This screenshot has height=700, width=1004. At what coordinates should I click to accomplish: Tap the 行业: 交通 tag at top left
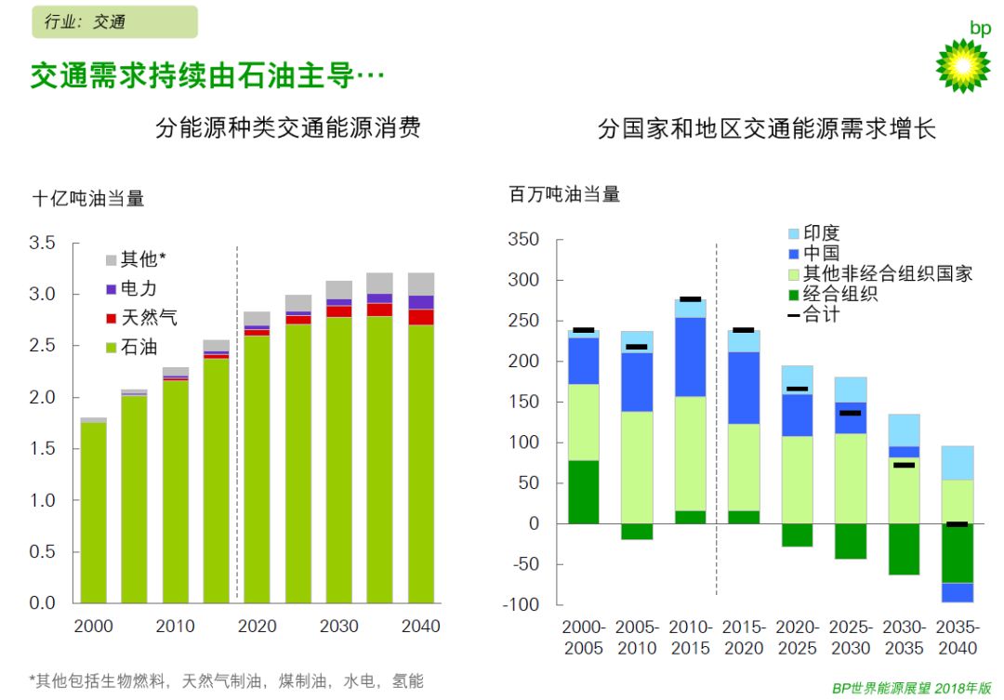(x=114, y=21)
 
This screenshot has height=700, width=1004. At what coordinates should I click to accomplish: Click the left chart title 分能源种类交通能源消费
(x=288, y=127)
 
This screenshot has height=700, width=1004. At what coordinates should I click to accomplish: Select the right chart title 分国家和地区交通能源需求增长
(x=767, y=127)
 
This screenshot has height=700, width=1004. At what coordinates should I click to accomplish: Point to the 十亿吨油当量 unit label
(x=88, y=198)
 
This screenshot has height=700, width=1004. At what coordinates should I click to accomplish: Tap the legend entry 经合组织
(x=840, y=295)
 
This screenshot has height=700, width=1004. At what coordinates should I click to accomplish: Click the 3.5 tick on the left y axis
(x=44, y=243)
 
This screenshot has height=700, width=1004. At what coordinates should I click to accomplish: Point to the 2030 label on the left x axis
(x=338, y=626)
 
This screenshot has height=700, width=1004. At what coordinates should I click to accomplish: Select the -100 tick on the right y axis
(x=523, y=605)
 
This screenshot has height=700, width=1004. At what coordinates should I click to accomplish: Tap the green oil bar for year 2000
(x=93, y=511)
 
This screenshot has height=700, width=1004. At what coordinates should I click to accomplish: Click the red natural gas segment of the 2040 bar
(x=420, y=317)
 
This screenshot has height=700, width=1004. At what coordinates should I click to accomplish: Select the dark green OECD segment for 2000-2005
(x=583, y=492)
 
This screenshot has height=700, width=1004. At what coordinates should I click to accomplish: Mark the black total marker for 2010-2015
(x=690, y=299)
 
